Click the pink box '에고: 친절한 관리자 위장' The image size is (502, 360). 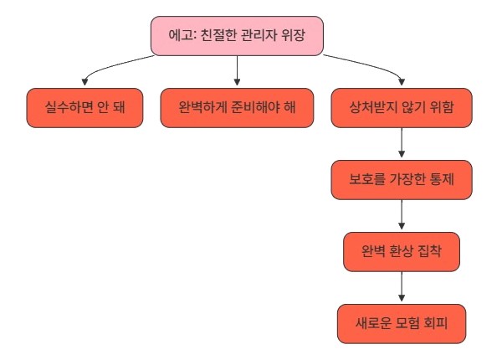237,36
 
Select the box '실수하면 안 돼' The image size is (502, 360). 85,108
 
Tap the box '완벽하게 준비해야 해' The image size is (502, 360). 237,108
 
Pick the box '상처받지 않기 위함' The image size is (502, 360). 402,108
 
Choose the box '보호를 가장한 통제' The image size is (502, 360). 402,180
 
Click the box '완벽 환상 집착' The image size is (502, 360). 402,252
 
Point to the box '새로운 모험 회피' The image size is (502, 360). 402,324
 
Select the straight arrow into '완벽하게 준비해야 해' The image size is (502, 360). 237,70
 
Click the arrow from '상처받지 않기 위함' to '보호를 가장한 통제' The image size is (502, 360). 402,142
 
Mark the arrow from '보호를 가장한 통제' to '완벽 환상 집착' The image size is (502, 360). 402,214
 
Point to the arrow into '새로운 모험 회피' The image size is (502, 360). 402,286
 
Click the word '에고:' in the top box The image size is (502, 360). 182,35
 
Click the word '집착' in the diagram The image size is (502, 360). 430,251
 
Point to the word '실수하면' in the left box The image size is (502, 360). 69,107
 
